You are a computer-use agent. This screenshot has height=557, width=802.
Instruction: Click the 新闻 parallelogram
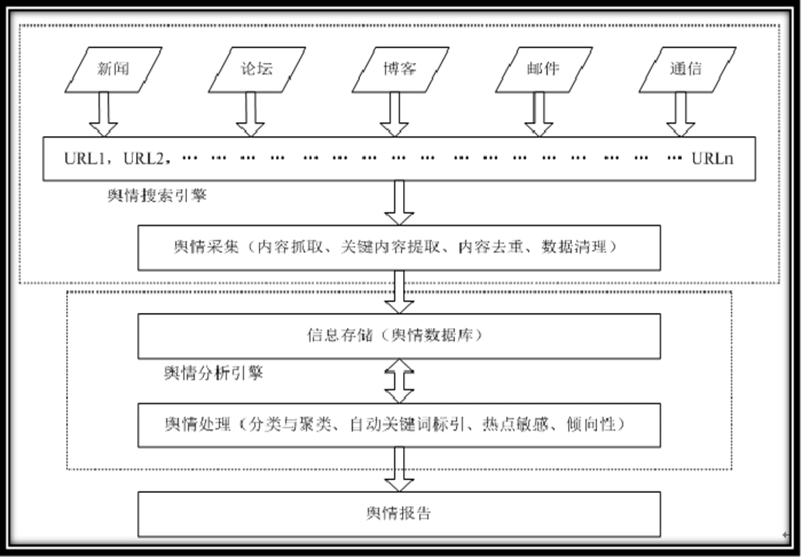[113, 69]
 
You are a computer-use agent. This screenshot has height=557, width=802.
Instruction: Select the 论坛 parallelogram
[257, 69]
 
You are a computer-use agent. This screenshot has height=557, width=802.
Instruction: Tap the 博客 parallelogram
[400, 69]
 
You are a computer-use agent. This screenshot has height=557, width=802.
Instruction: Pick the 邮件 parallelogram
[543, 69]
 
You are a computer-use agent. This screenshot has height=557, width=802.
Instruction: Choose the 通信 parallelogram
[686, 69]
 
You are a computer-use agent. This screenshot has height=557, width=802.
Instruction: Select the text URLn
[712, 158]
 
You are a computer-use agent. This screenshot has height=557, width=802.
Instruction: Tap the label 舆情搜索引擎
[157, 196]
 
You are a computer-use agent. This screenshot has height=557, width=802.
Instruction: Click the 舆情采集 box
[399, 247]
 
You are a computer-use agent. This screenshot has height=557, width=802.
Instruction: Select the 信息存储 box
[399, 336]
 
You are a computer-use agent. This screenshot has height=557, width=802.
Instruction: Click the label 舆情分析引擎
[214, 373]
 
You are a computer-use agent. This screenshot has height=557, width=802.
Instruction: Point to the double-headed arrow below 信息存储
[399, 381]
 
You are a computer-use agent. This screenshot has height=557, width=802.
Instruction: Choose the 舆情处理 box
[399, 425]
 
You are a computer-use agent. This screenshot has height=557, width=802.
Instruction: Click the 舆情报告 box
[399, 514]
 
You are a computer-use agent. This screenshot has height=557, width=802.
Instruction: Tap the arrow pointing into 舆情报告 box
[399, 469]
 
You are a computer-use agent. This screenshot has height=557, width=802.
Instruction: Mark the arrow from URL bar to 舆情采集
[399, 203]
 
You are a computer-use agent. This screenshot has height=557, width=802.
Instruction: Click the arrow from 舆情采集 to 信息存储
[399, 291]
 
